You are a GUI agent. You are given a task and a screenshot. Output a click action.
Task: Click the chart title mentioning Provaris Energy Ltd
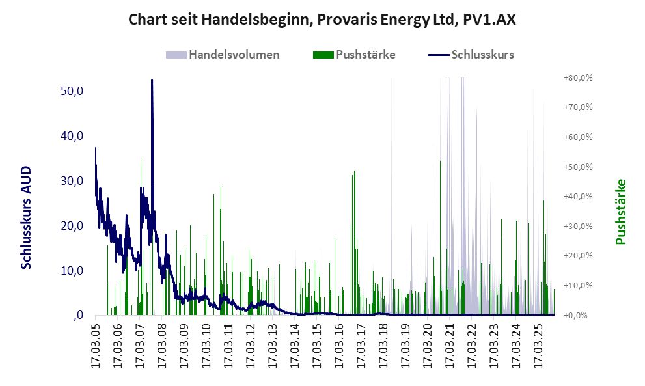pos(322,20)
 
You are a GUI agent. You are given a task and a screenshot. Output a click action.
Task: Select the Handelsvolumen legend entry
pos(234,55)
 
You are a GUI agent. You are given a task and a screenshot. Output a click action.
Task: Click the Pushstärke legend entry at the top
pos(365,55)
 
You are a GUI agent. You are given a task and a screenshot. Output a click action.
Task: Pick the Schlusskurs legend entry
pos(482,55)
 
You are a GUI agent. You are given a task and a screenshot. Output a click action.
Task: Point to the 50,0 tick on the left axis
pos(72,90)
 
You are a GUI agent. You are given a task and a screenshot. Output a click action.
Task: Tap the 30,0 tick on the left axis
pos(72,180)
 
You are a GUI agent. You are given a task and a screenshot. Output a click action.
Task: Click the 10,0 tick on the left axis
pos(72,270)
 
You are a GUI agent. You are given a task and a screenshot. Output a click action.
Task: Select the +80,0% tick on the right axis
pos(577,77)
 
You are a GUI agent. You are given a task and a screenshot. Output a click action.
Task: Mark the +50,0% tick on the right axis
pos(577,167)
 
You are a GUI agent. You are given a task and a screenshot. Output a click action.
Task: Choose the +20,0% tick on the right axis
pos(577,256)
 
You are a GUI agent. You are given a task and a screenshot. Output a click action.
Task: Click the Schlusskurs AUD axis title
pos(27,217)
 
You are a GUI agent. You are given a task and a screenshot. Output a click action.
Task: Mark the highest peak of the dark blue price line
pos(152,80)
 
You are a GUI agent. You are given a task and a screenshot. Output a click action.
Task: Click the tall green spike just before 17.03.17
pos(354,172)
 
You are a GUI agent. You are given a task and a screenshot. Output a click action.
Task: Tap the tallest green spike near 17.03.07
pos(141,161)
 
